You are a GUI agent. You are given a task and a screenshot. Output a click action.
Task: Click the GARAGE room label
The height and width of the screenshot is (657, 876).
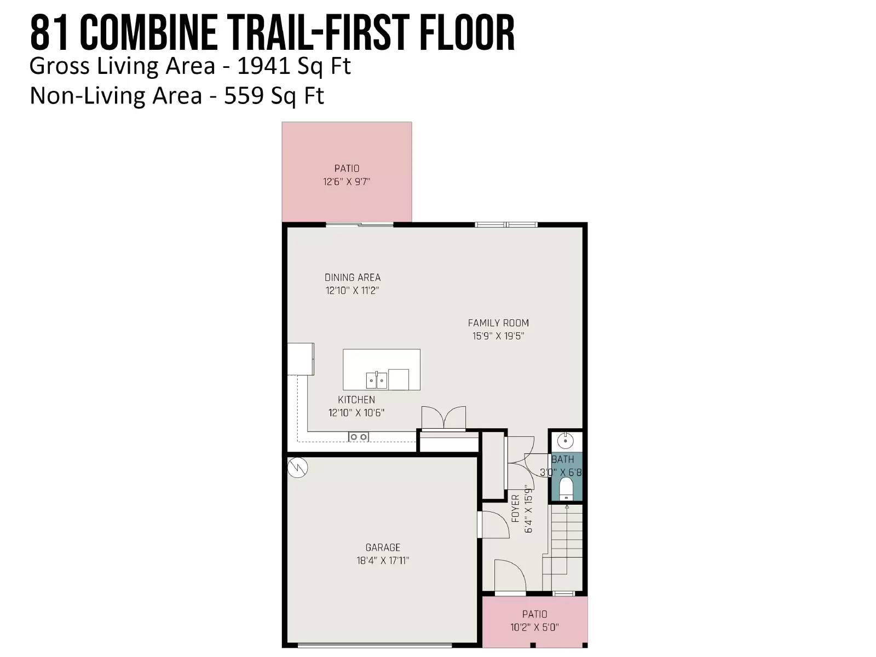(x=382, y=547)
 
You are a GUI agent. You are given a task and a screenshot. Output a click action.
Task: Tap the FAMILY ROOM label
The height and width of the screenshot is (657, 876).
(x=498, y=322)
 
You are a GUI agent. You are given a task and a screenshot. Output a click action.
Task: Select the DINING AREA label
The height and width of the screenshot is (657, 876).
(x=353, y=277)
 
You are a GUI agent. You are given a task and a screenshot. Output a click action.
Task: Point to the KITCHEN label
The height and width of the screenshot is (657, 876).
(x=356, y=400)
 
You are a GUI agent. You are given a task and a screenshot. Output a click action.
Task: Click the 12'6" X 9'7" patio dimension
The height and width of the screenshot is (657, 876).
(x=347, y=182)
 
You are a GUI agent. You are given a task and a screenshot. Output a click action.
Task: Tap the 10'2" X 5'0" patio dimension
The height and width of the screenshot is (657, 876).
(x=534, y=627)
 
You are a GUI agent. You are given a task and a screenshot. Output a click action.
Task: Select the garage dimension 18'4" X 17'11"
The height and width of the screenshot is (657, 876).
(x=383, y=561)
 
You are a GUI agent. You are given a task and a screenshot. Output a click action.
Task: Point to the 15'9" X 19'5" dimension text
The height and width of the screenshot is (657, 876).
(x=498, y=336)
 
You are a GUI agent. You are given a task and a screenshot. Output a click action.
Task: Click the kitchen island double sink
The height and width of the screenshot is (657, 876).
(x=377, y=380)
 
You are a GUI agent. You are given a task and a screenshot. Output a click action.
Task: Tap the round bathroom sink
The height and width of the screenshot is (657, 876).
(x=565, y=441)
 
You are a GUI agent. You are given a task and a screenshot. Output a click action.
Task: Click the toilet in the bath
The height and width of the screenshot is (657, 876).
(x=566, y=489)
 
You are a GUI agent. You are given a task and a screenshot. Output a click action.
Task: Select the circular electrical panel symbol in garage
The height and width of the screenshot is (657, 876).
(x=297, y=468)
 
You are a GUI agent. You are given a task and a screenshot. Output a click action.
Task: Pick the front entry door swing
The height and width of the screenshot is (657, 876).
(x=510, y=575)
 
